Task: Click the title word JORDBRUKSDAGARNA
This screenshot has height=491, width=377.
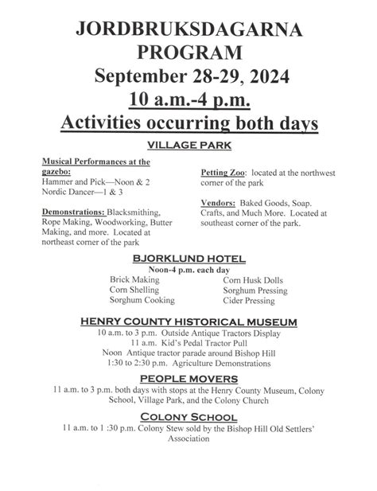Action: (x=188, y=30)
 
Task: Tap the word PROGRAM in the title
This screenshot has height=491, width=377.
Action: (x=188, y=53)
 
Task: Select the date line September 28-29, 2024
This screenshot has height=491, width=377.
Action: (x=188, y=77)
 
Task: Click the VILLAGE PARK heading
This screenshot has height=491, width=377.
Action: (x=188, y=145)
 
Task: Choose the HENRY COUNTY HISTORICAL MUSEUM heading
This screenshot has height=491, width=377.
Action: (x=188, y=321)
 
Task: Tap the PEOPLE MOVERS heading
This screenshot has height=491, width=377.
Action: (x=188, y=378)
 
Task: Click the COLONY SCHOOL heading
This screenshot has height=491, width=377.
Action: (x=188, y=416)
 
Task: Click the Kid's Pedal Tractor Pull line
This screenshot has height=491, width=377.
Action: (x=188, y=343)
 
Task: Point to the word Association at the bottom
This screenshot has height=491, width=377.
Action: (x=188, y=438)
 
